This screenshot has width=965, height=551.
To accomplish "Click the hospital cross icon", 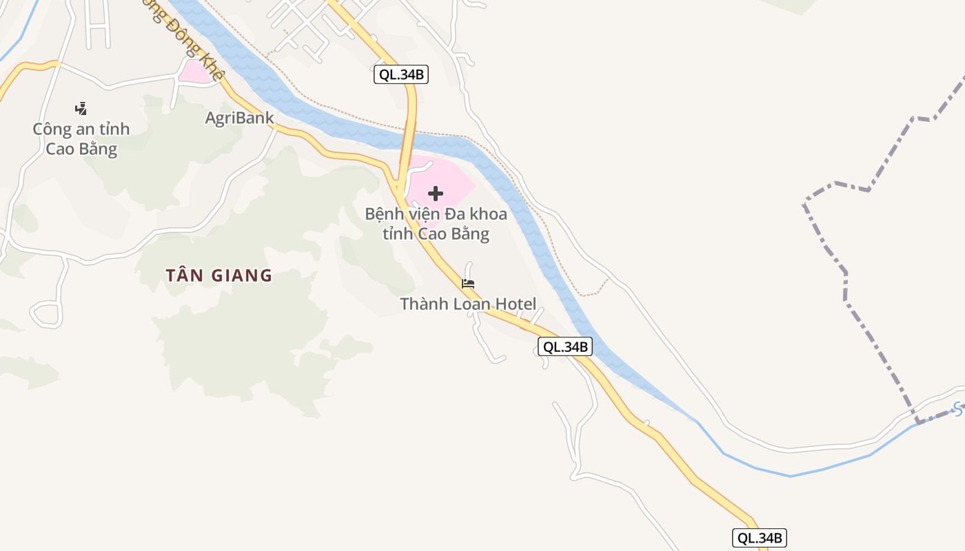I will click(435, 194).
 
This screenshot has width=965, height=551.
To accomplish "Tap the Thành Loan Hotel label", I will click(468, 304).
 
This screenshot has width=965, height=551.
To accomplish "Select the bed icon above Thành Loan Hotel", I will click(468, 284).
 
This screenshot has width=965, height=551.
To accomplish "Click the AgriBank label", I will click(239, 118).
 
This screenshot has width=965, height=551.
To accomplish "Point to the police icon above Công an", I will click(81, 108).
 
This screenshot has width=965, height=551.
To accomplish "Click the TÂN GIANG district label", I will click(219, 275).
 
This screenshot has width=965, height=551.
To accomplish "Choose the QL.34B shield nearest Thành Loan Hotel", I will click(565, 346).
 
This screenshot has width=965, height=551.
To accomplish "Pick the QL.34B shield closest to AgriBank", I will click(401, 74).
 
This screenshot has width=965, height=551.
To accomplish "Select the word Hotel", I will click(513, 304).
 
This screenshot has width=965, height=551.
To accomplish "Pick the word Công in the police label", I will click(52, 129).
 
